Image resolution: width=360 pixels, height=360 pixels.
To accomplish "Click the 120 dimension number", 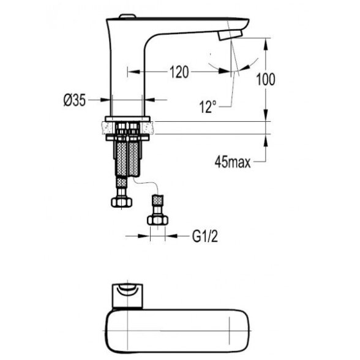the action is coord(179,72).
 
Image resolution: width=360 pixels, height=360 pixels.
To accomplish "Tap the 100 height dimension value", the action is coord(266,80).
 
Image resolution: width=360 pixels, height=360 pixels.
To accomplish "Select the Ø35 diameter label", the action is coord(75,100).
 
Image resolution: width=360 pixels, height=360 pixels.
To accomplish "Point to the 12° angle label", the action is coord(208,107).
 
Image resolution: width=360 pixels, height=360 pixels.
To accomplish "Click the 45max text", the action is coord(233,163).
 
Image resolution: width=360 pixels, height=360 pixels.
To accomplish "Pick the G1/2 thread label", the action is coord(205,236).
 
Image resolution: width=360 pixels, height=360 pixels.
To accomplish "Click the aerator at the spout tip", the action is coord(230,35).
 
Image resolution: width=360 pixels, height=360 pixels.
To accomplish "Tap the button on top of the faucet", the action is coord(127,17).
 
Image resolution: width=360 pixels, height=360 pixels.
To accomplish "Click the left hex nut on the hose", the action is coord(121,202).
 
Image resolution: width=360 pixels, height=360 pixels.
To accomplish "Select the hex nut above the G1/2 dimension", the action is coord(157,220).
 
